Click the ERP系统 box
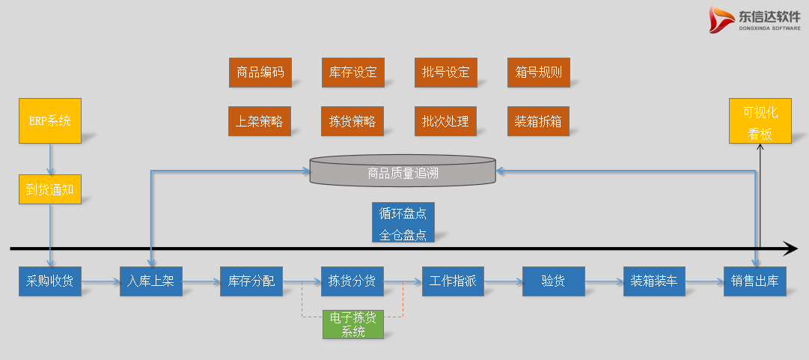49,120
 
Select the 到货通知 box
49,189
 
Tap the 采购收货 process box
50,281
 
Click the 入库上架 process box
150,281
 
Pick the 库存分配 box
251,281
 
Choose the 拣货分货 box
352,281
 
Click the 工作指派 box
453,281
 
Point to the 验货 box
553,281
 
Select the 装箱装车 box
653,281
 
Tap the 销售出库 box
754,281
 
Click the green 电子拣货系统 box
352,324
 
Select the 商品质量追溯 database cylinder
403,171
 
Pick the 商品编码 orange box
260,72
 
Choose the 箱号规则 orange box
538,72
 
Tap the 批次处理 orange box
445,120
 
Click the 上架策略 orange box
260,120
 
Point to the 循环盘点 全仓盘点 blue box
403,222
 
